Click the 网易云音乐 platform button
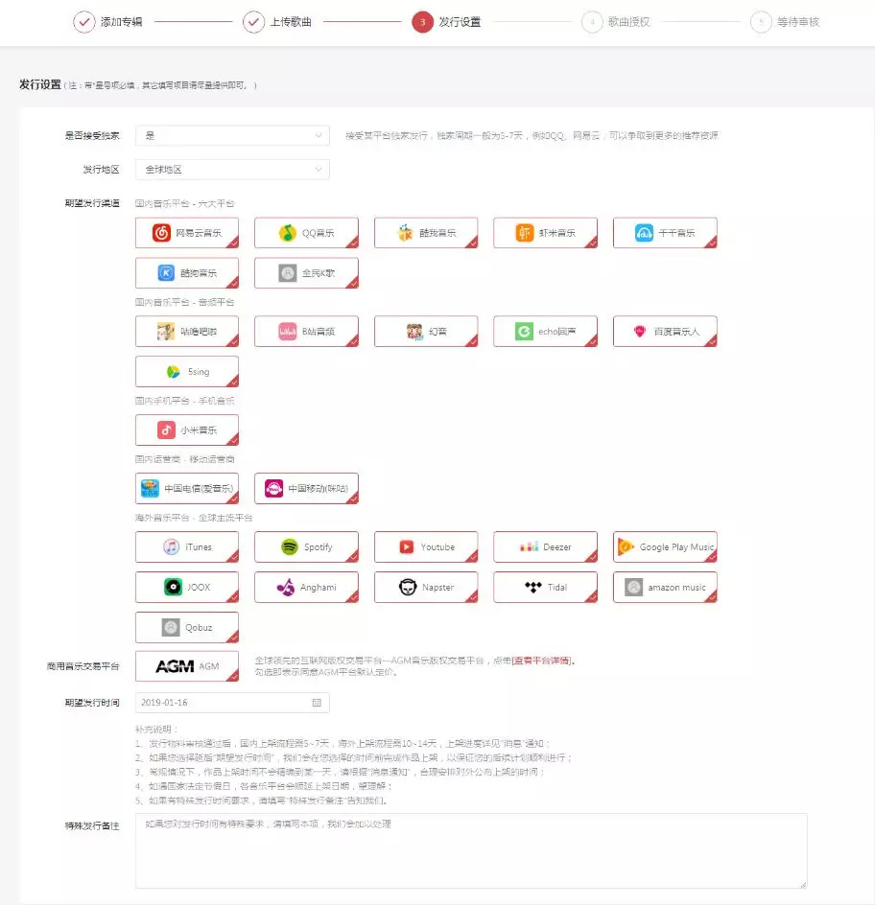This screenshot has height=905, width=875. coord(187,233)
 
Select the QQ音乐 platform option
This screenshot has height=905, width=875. coord(306,233)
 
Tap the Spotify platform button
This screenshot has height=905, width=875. coord(306,547)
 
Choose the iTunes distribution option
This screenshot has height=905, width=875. coord(187,547)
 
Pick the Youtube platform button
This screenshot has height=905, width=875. coord(426,547)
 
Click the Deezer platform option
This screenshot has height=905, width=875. coord(545,547)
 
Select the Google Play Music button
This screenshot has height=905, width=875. coord(665,547)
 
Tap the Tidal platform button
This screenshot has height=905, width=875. coord(545,587)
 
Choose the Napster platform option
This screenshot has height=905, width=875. coord(426,587)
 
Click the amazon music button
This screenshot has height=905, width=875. coord(665,587)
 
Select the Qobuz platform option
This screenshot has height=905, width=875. coord(187,627)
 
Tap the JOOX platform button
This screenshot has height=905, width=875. coord(187,587)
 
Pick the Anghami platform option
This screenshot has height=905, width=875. coord(306,587)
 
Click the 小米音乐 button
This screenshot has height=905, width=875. coord(187,430)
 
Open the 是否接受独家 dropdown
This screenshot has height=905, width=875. coord(232,136)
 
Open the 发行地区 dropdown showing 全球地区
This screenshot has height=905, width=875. coord(232,170)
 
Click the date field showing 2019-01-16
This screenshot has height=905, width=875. coord(232,703)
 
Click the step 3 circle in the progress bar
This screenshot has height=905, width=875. coord(422,21)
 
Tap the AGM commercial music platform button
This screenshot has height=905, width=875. coord(187,666)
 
